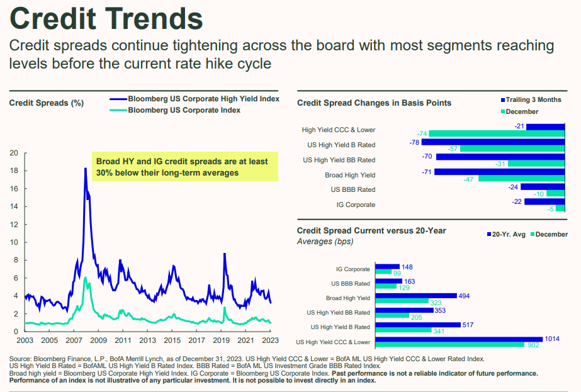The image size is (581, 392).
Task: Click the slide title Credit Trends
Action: coord(106,18)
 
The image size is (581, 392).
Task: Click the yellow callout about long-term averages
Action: coord(184,167)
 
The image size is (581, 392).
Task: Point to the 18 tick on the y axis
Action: coord(13,171)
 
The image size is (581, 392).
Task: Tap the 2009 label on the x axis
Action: coord(98,340)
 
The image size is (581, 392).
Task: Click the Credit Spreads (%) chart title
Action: coord(47,103)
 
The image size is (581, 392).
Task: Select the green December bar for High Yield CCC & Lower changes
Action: coord(497,134)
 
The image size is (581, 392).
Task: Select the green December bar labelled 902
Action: coord(449,345)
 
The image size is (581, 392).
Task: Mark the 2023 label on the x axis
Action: coord(271,340)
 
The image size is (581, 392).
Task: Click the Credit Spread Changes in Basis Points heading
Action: coord(374,103)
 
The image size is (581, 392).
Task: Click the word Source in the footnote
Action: coord(22,359)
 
